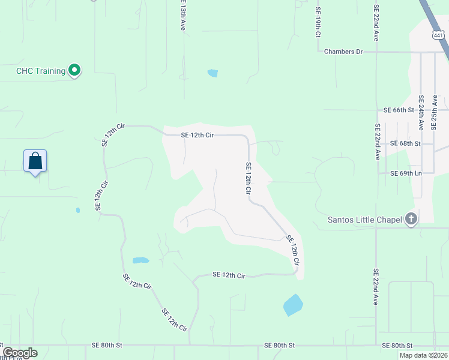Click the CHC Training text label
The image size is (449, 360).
click(x=40, y=71)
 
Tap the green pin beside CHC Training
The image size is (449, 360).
click(x=74, y=71)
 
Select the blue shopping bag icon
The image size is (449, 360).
click(x=35, y=161)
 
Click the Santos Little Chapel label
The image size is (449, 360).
click(x=364, y=220)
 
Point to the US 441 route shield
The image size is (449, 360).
click(x=439, y=35)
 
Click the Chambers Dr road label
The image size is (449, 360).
click(x=343, y=52)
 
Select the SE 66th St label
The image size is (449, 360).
click(x=399, y=110)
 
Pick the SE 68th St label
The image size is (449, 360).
click(x=405, y=144)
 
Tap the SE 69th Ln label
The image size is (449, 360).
click(x=406, y=173)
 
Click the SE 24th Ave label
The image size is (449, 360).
click(x=421, y=113)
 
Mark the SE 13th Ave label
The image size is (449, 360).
click(x=182, y=15)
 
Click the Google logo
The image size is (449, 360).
click(x=20, y=353)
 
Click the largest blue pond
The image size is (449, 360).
click(x=292, y=305)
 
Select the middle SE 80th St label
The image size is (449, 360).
click(x=279, y=346)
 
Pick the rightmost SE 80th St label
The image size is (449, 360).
click(x=397, y=346)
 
